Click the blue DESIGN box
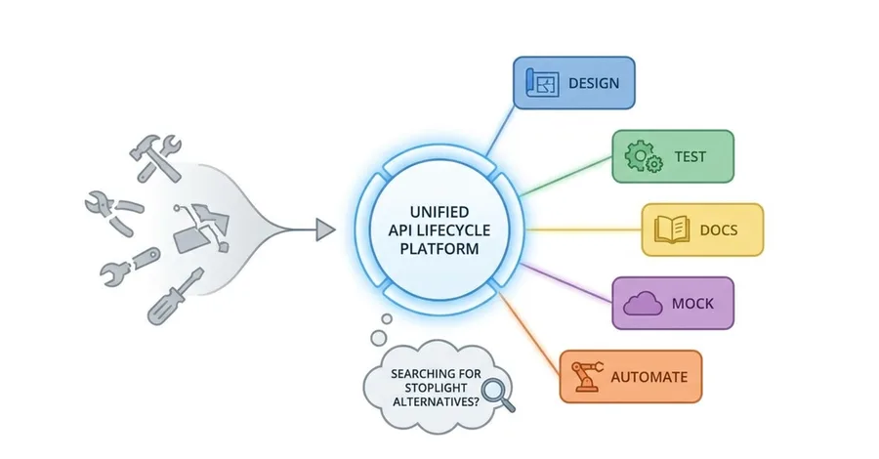(574, 83)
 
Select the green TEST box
(673, 156)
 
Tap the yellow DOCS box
(702, 229)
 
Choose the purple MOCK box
(673, 303)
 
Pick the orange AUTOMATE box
(631, 377)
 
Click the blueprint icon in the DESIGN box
(542, 83)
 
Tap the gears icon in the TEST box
(644, 156)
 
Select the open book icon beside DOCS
(672, 229)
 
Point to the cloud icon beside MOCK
(643, 304)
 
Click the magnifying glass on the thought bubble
(498, 394)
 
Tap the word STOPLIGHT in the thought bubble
(436, 388)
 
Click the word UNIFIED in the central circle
(439, 212)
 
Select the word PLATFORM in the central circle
(439, 249)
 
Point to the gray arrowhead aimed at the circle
(325, 229)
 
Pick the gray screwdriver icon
(176, 297)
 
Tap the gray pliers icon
(114, 212)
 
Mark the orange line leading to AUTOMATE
(528, 334)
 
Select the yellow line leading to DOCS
(583, 229)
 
